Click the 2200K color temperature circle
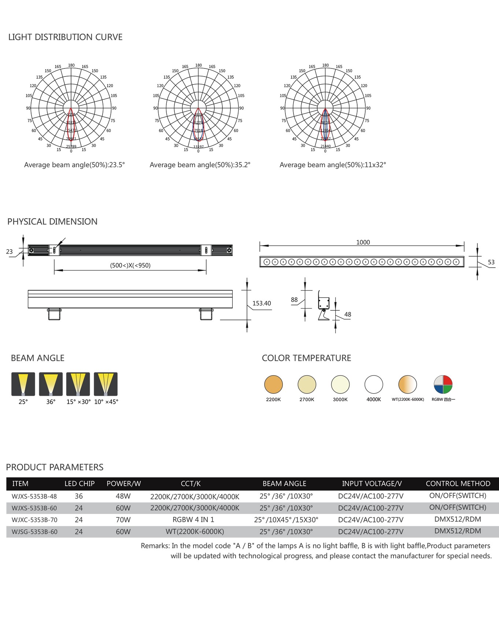point(273,384)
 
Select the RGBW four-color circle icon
point(443,384)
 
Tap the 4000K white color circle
point(374,384)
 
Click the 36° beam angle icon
point(51,384)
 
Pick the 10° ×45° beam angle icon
point(106,384)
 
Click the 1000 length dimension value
point(363,242)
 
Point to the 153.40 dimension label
point(262,303)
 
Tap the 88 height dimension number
point(294,300)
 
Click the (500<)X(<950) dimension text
point(130,265)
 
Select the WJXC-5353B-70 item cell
point(34,520)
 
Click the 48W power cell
point(123,496)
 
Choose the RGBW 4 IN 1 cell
point(193,519)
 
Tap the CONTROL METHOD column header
point(458,484)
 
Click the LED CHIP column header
point(80,484)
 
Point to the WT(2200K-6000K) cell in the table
point(195,532)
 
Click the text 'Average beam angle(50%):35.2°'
point(200,165)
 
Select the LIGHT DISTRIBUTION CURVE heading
point(65,37)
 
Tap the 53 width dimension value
point(491,262)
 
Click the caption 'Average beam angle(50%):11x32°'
point(333,165)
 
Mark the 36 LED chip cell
point(79,496)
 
